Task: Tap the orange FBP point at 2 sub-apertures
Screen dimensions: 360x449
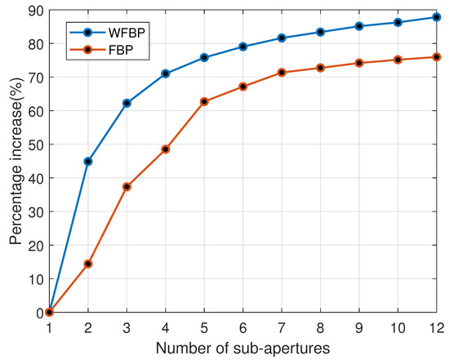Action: pos(88,264)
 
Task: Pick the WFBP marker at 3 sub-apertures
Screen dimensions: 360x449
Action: pos(127,103)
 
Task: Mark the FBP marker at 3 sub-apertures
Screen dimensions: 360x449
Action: pos(127,187)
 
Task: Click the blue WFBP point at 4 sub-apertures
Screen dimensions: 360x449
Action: pos(166,73)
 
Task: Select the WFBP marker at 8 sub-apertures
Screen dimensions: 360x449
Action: pos(320,32)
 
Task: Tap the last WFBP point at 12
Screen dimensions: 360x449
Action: pos(436,17)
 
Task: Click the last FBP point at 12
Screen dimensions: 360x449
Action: pos(436,57)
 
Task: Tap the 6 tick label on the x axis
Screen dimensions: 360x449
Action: pos(242,326)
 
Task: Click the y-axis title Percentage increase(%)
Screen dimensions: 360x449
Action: pos(14,161)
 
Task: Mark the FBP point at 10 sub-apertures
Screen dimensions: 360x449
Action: pos(398,60)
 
